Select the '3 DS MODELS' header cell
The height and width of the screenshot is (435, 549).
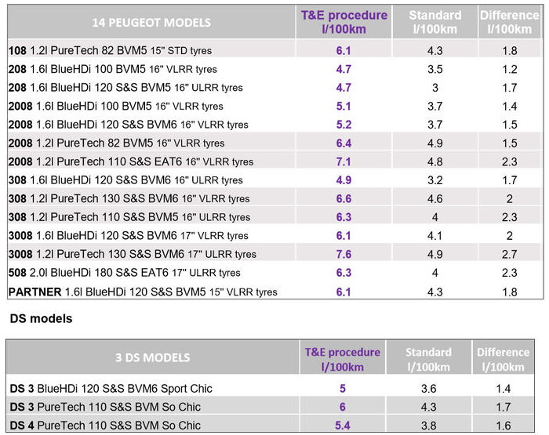pos(152,357)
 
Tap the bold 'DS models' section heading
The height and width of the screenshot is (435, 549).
pos(41,319)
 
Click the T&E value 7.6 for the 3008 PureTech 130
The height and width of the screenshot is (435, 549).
pos(344,254)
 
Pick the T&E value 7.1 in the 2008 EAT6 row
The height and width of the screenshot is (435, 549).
pos(344,161)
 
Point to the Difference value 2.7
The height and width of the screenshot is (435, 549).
pos(509,254)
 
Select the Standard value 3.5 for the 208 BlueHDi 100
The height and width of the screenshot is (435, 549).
pos(435,69)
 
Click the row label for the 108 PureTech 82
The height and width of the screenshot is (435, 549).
pos(110,51)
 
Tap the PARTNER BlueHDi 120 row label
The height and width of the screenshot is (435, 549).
pos(143,292)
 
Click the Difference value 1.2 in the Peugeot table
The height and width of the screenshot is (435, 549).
pos(509,69)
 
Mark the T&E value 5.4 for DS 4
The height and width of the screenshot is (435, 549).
pos(343,426)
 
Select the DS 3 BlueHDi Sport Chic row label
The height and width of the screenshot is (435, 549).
pos(111,389)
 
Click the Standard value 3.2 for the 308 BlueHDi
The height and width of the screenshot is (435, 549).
pos(435,180)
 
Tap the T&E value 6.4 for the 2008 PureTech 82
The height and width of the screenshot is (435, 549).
pos(344,143)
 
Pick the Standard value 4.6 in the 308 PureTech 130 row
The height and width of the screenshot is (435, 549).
pos(435,198)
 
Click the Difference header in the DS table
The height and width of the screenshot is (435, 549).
pos(504,359)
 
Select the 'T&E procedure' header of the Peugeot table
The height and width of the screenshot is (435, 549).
pos(344,22)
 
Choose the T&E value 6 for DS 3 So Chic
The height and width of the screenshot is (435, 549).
pos(343,407)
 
